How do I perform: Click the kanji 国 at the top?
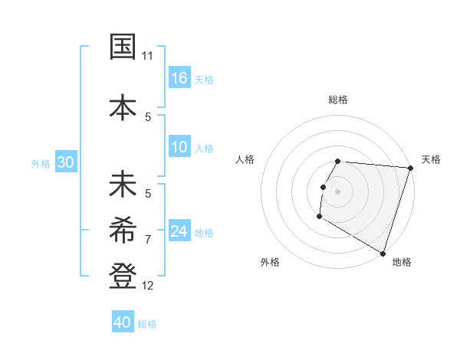[x=123, y=47]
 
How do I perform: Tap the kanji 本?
[x=123, y=106]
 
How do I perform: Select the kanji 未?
[x=123, y=186]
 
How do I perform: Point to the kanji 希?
[x=123, y=228]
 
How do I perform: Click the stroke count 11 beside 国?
[x=148, y=57]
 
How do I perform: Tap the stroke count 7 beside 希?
[x=148, y=239]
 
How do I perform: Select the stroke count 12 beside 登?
[x=148, y=286]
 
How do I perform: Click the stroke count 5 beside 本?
[x=148, y=116]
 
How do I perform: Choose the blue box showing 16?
[x=179, y=78]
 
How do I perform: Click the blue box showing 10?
[x=179, y=147]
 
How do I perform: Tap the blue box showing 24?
[x=179, y=231]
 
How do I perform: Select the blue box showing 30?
[x=65, y=162]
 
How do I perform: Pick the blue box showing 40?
[x=123, y=322]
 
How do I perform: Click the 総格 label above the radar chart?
[x=338, y=100]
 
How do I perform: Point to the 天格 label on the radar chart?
[x=431, y=159]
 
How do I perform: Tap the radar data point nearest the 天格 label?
[x=410, y=168]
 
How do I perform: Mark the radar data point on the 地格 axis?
[x=383, y=253]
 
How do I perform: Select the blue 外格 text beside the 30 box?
[x=41, y=163]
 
